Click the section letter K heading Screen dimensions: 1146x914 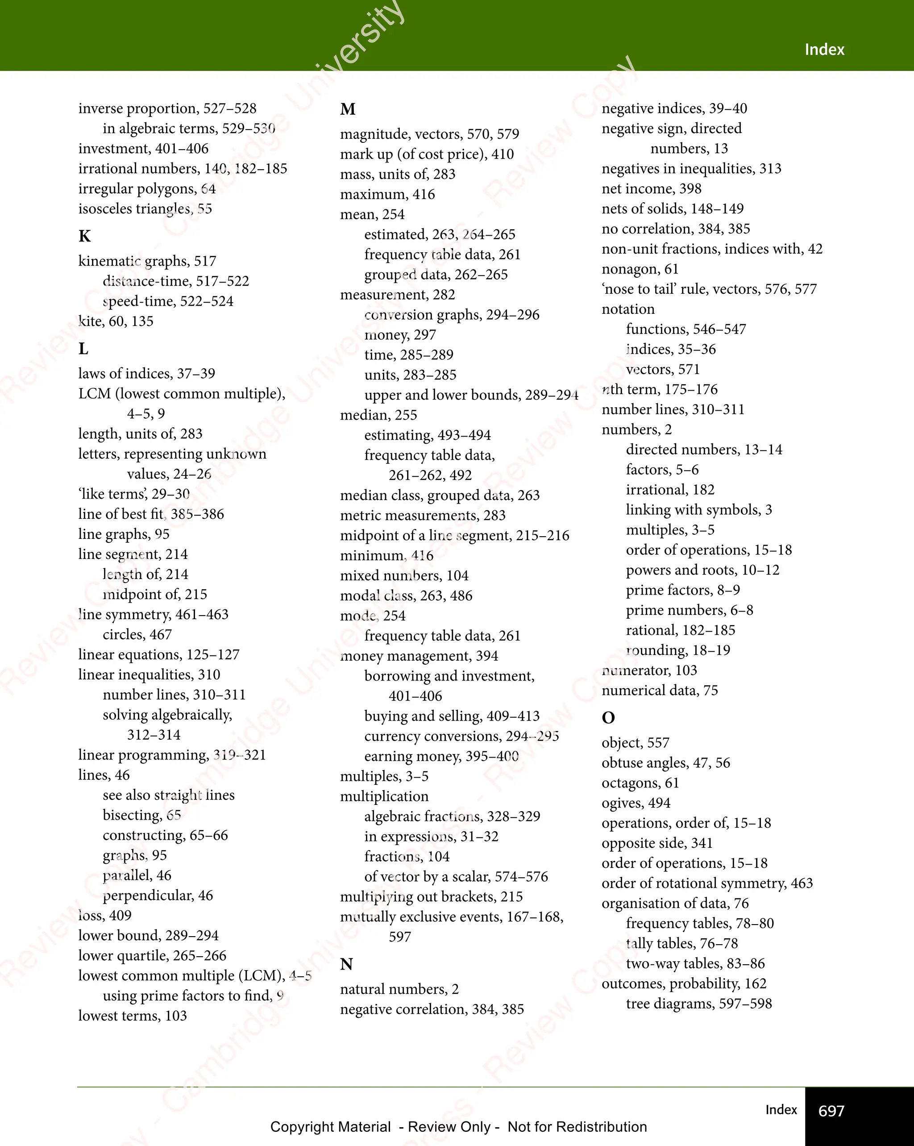tap(84, 236)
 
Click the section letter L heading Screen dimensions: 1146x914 tap(83, 349)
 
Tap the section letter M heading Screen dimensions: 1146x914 tap(348, 109)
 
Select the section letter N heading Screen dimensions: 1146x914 tap(346, 964)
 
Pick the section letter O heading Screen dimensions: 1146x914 tap(608, 718)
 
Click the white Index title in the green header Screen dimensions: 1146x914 tap(824, 50)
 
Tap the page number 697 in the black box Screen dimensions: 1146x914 tap(831, 1111)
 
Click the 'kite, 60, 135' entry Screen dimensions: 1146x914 tap(116, 321)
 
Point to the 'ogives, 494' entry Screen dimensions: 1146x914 tap(636, 803)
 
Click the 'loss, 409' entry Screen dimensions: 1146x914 tap(105, 915)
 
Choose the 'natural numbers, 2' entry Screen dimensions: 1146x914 tap(399, 989)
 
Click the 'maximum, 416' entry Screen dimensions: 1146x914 tap(387, 195)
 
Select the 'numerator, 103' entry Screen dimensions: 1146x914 tap(649, 670)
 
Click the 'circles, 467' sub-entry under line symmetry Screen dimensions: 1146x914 tap(137, 635)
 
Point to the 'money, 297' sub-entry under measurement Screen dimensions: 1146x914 tap(400, 335)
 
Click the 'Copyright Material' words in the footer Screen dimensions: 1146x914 tap(331, 1127)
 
